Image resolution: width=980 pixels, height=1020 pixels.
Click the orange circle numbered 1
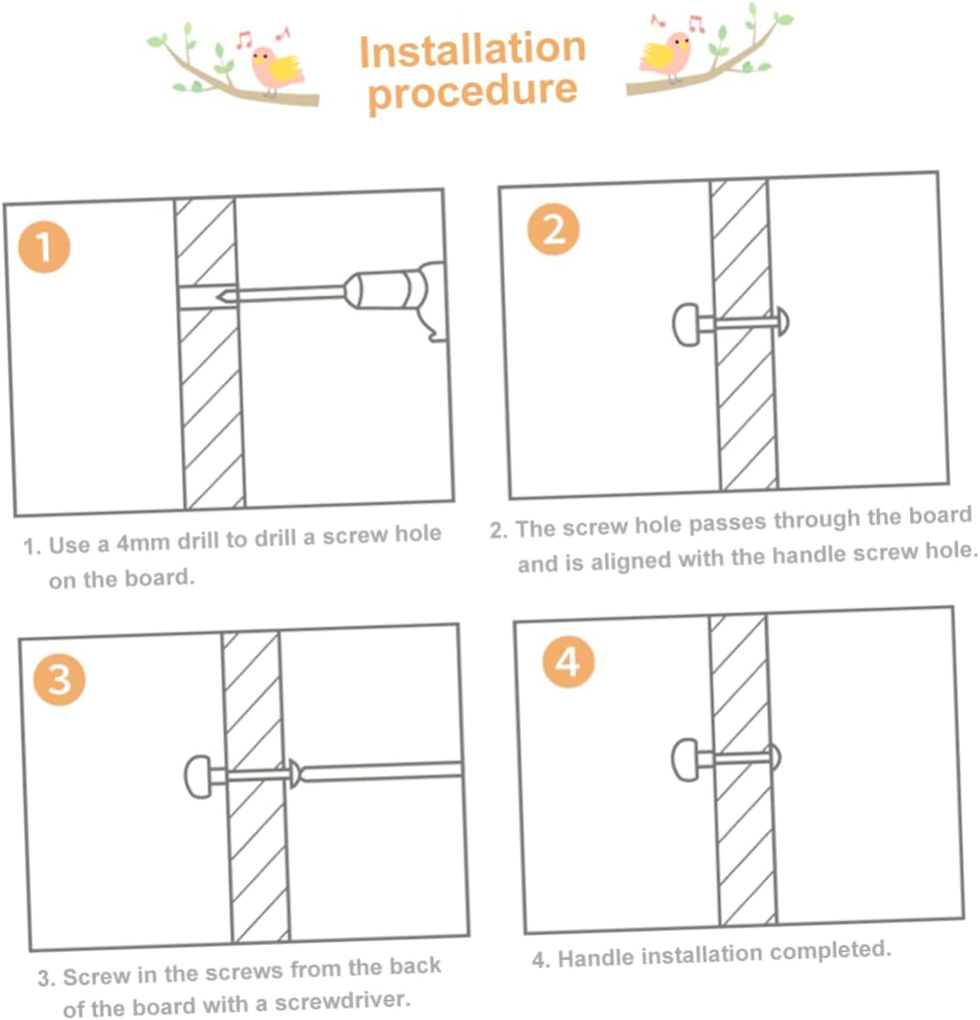[44, 247]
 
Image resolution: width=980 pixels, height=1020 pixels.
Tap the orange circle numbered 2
[553, 229]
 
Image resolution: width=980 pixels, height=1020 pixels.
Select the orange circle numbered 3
[59, 680]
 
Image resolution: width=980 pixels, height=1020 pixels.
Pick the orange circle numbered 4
[568, 662]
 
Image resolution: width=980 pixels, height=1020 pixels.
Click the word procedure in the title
[473, 93]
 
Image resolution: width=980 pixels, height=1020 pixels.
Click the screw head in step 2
[783, 321]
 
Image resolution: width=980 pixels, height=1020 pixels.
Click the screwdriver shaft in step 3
[382, 771]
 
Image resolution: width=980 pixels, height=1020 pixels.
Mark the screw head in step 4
[774, 756]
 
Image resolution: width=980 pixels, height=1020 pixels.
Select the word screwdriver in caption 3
[341, 1001]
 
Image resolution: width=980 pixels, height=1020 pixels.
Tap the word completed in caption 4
[830, 951]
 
